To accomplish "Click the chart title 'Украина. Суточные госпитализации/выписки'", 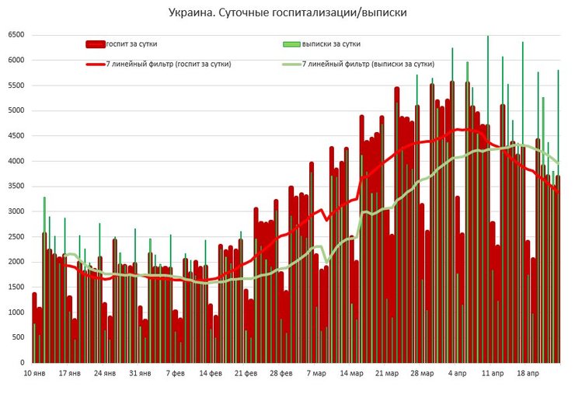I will (287, 13).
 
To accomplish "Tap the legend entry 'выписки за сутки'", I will (330, 44).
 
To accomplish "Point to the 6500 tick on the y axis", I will (16, 35).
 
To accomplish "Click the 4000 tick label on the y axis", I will (16, 161).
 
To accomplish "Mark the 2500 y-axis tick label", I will (16, 236).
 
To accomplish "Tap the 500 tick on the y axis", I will (18, 337).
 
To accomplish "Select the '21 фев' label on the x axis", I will (246, 374).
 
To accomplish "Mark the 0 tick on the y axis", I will (23, 362).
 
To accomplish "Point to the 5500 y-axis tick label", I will (16, 85).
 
